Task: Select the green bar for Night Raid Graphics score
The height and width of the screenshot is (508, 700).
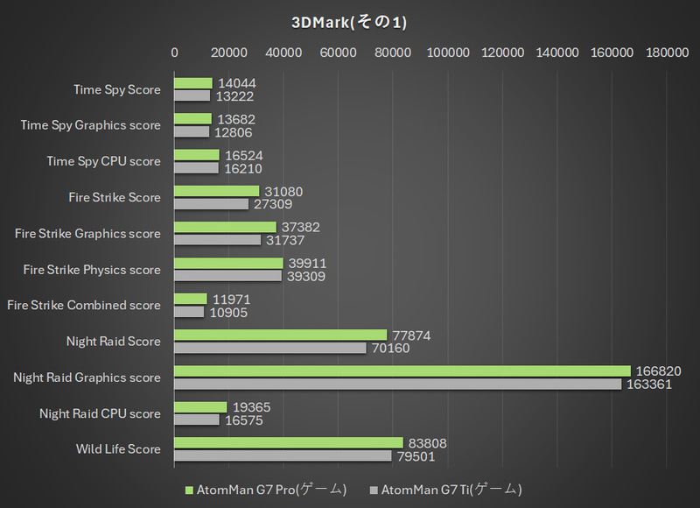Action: (x=402, y=370)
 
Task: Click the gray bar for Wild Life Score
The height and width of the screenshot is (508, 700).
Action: (x=283, y=455)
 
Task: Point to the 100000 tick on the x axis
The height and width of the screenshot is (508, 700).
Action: (x=448, y=53)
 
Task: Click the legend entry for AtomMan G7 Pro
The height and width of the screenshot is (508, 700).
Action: (x=267, y=489)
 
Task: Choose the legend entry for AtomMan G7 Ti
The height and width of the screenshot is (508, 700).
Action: (x=451, y=489)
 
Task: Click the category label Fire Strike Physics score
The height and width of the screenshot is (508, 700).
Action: (x=92, y=270)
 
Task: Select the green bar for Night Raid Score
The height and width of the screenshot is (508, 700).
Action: (x=280, y=335)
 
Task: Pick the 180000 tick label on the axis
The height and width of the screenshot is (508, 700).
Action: (x=667, y=53)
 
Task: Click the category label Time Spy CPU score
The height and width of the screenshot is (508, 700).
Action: (x=103, y=161)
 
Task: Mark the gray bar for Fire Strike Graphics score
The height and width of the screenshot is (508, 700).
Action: (x=218, y=240)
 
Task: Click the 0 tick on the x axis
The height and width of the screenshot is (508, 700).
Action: (x=175, y=53)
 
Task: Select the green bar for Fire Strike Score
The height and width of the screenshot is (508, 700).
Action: (x=217, y=191)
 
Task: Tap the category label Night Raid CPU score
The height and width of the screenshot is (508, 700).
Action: (x=100, y=413)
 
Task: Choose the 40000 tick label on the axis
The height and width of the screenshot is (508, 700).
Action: (x=284, y=53)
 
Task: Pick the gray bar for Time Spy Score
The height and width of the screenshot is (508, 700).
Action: (x=192, y=95)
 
